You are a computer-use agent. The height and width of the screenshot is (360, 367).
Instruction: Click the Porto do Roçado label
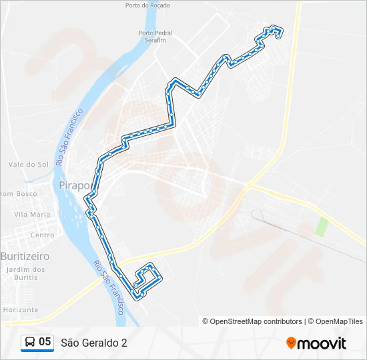coord(147,5)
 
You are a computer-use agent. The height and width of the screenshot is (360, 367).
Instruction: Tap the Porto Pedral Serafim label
coord(155,36)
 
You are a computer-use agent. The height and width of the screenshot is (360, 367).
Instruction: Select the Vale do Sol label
coord(29,164)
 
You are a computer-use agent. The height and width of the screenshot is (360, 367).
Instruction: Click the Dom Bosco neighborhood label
coord(18,194)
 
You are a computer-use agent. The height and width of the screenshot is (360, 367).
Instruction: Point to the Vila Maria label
coord(32,215)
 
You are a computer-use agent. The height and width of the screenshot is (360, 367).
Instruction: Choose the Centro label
coord(42,235)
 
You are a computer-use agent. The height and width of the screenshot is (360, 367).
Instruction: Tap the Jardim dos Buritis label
coord(25,273)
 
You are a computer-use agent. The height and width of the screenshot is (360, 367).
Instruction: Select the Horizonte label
coord(20,310)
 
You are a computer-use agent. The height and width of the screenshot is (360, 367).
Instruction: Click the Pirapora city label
coord(73,185)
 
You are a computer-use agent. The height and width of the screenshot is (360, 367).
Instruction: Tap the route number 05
coord(45,342)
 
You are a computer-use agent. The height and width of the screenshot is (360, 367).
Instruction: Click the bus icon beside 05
coord(30,343)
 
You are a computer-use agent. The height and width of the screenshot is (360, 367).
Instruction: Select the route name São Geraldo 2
coord(93,343)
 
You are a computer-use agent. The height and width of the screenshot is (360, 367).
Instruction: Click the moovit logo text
coord(322,343)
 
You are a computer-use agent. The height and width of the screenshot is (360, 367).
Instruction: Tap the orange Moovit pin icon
coord(291,343)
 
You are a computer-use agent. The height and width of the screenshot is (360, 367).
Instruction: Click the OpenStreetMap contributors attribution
coord(252,321)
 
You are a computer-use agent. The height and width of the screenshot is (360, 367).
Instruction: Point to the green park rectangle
coord(322,226)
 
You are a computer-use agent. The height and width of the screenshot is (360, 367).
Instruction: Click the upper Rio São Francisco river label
coord(69,137)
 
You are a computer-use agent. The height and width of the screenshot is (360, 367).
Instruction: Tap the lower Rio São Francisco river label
coord(109,287)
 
